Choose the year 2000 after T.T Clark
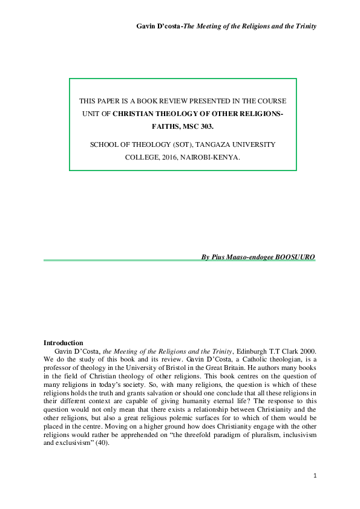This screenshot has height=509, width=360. (x=305, y=351)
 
